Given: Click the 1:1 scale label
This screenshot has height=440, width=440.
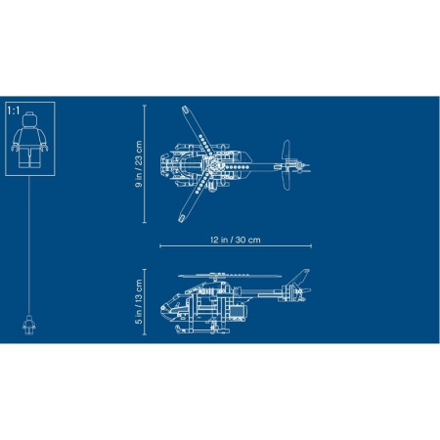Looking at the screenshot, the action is [14, 110].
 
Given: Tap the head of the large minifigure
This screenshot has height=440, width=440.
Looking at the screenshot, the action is [29, 119].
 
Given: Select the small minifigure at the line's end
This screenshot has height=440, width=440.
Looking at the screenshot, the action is [29, 325].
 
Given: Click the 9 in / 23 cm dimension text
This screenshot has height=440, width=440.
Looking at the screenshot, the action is [139, 164].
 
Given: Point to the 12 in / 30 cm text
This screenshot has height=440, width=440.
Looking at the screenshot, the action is [236, 240].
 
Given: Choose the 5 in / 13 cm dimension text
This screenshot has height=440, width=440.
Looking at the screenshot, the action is [139, 301].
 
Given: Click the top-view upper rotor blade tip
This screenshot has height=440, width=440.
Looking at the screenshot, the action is [185, 110].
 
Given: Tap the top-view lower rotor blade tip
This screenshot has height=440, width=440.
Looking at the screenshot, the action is [182, 218].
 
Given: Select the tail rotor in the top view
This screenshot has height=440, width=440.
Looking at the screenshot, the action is [286, 165].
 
